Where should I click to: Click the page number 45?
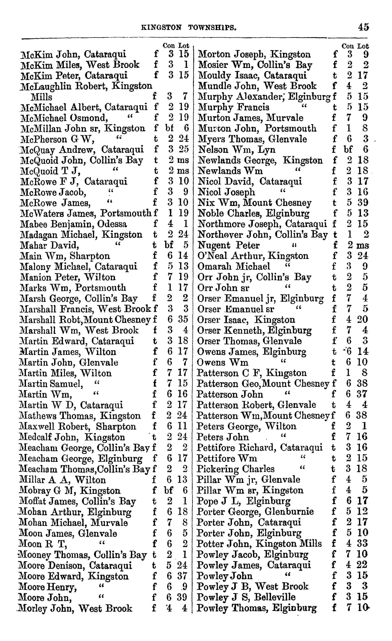pos(363,27)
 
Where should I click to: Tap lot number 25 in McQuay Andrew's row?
pos(184,150)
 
